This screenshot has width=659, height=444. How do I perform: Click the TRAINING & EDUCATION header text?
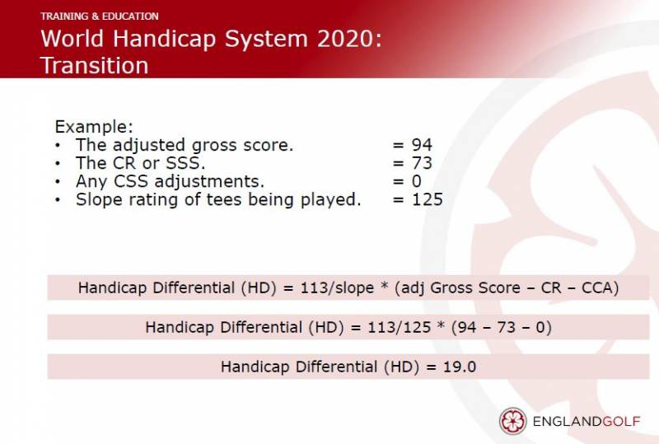pyautogui.click(x=100, y=16)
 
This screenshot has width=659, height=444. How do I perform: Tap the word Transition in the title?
pyautogui.click(x=95, y=66)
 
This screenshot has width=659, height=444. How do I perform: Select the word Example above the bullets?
pyautogui.click(x=94, y=127)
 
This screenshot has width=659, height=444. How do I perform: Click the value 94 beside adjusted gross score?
pyautogui.click(x=422, y=145)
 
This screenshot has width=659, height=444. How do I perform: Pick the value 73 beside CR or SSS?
pyautogui.click(x=422, y=163)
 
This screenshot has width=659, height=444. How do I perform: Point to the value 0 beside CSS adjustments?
pyautogui.click(x=417, y=181)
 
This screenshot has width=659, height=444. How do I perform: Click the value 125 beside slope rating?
pyautogui.click(x=427, y=199)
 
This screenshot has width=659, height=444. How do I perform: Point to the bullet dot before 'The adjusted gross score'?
pyautogui.click(x=58, y=146)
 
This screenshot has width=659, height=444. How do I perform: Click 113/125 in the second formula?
pyautogui.click(x=400, y=327)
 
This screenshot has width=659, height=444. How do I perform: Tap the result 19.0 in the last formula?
pyautogui.click(x=460, y=367)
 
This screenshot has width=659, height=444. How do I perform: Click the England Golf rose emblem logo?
pyautogui.click(x=512, y=421)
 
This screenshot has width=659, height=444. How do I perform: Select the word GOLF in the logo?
pyautogui.click(x=621, y=421)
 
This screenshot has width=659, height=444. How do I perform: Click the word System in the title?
pyautogui.click(x=266, y=40)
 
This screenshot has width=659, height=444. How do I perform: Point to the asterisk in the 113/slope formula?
pyautogui.click(x=384, y=286)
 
